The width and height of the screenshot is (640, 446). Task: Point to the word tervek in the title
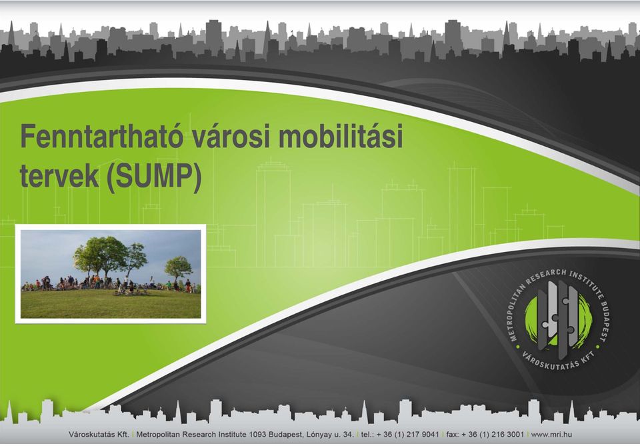click(59, 176)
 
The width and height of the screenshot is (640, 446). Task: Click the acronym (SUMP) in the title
click(154, 177)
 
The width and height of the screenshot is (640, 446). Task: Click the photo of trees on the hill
click(111, 274)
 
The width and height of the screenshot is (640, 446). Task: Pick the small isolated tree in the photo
click(178, 268)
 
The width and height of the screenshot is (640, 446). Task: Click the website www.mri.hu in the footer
click(551, 434)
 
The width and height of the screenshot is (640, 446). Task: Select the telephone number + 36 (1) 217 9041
click(407, 434)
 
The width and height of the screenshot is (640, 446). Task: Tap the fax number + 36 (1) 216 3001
click(492, 434)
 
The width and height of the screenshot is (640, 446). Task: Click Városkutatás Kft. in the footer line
click(99, 434)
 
